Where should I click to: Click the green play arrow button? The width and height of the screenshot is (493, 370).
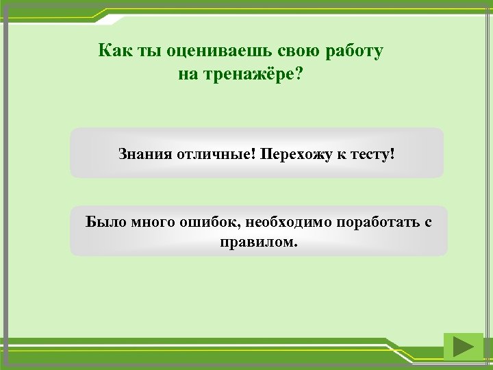coord(463,347)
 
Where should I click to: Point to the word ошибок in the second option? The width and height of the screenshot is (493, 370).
coord(205,222)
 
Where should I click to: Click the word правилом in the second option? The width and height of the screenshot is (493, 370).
coord(258,242)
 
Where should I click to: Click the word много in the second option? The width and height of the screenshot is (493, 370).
coord(151,222)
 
